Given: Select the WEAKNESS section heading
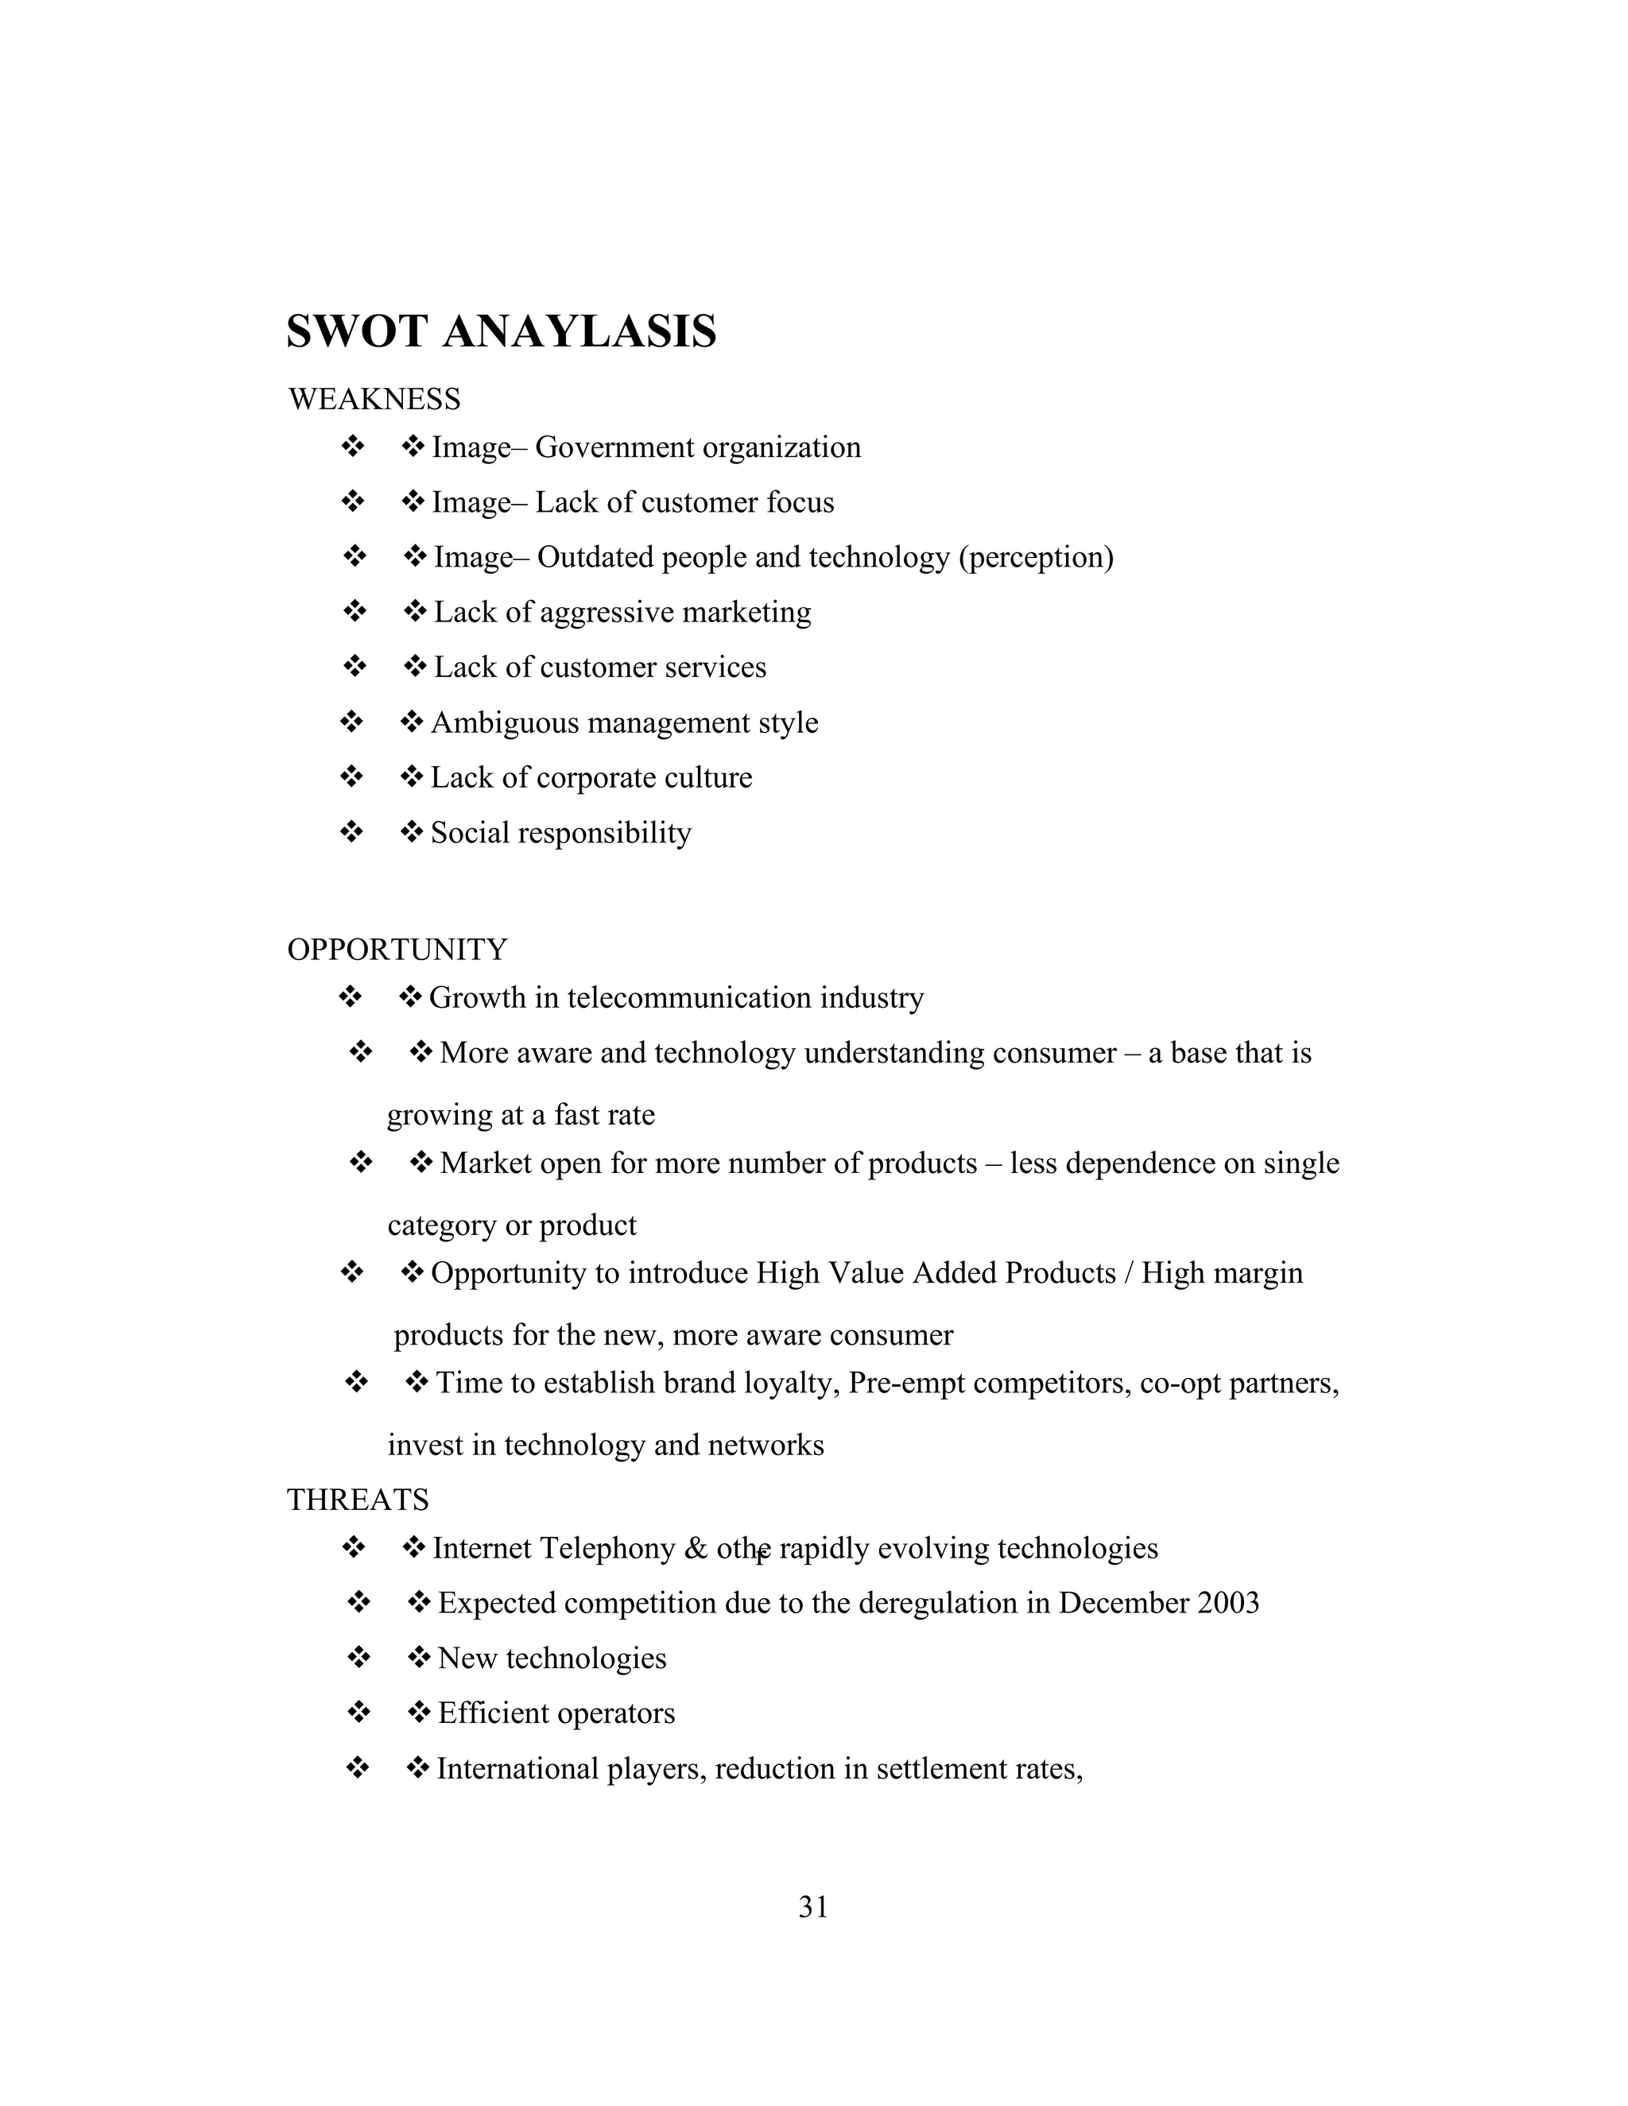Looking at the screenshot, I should [x=374, y=399].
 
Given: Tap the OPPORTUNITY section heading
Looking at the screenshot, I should [x=397, y=950].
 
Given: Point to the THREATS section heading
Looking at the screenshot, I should [x=358, y=1500].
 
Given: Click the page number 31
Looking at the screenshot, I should [x=813, y=1907].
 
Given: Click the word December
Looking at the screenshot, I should [x=1122, y=1603].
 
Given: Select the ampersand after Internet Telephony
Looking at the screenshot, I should [x=696, y=1549].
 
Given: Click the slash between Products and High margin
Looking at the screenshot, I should [x=1126, y=1273].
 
